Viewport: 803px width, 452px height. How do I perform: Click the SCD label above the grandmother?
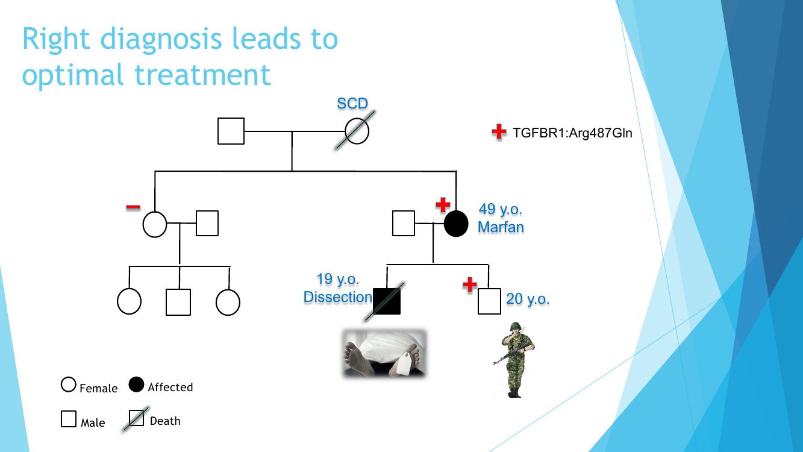click(352, 104)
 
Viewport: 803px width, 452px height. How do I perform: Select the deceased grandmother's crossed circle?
click(357, 131)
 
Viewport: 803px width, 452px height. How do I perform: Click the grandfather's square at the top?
click(231, 131)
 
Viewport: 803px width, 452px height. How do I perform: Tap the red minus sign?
click(133, 208)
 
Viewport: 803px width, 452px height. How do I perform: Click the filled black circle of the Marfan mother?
click(456, 224)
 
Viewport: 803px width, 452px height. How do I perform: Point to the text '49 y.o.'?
click(500, 209)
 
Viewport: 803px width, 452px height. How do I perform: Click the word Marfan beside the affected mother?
click(501, 227)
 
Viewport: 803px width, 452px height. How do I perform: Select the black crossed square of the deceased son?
click(387, 301)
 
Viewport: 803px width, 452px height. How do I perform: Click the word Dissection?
click(338, 297)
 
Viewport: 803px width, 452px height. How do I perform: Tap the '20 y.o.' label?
click(528, 299)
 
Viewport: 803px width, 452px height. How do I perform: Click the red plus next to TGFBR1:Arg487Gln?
click(499, 132)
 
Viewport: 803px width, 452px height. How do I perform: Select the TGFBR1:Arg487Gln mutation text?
click(572, 133)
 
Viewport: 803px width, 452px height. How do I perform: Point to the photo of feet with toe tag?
click(384, 354)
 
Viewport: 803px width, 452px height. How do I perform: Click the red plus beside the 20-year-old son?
click(470, 284)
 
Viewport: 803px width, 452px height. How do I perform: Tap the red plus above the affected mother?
click(443, 205)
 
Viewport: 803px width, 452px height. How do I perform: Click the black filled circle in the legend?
click(137, 385)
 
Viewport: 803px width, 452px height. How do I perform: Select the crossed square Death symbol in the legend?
click(137, 418)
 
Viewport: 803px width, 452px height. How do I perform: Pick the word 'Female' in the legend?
click(99, 389)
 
